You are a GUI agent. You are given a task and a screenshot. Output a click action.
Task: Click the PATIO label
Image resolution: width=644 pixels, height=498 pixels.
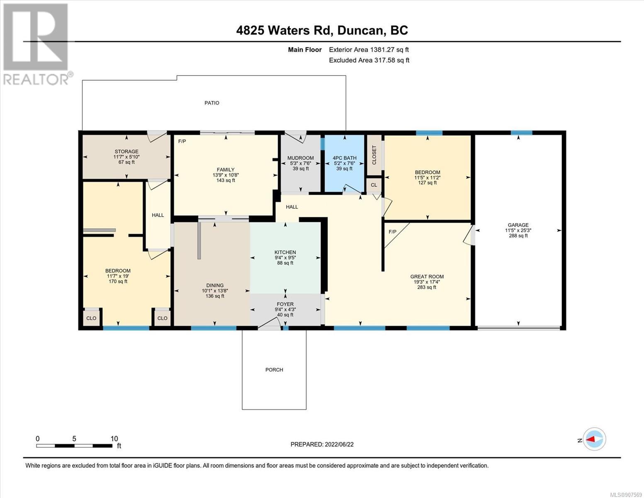[211, 103]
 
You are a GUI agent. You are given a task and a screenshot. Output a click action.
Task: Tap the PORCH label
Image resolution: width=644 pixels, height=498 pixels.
[274, 370]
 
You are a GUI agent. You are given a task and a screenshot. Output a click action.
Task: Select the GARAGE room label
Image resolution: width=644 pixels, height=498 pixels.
[518, 225]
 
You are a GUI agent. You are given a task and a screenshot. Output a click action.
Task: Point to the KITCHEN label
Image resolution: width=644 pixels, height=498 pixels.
[285, 252]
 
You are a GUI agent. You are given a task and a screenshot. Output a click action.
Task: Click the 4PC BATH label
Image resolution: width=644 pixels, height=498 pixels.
[344, 158]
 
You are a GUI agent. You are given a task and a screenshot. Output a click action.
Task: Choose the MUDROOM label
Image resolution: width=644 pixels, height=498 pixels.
[301, 158]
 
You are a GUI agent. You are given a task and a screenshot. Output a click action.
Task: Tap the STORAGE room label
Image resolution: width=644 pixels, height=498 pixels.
[126, 151]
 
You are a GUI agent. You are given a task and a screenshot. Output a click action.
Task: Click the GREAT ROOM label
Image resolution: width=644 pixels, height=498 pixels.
[427, 276]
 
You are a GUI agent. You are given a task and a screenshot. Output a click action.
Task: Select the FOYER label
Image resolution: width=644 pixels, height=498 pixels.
[285, 304]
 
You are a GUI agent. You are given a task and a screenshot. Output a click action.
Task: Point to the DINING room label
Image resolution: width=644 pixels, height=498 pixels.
[215, 286]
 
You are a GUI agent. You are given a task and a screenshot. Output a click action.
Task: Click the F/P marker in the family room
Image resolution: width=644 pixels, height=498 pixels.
[182, 142]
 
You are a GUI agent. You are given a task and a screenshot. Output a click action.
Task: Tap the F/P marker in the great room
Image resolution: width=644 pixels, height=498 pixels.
[392, 232]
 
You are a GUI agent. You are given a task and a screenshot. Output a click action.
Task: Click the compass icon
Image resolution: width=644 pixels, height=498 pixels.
[594, 439]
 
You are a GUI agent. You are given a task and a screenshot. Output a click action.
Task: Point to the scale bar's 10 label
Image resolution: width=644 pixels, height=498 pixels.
[114, 438]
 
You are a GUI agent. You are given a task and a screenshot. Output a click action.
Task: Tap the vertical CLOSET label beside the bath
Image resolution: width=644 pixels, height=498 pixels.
[374, 155]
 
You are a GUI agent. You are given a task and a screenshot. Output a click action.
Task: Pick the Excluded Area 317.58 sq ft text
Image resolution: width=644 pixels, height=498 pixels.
[369, 60]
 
